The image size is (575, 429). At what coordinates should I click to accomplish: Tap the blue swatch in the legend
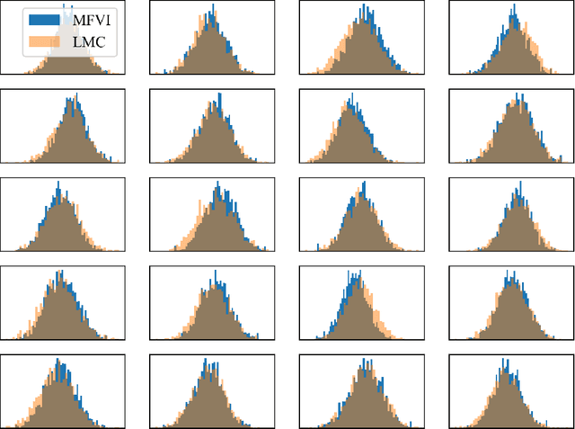pos(44,19)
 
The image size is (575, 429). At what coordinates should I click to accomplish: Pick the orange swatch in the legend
pos(44,40)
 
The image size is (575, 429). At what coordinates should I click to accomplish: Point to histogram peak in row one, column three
pos(365,7)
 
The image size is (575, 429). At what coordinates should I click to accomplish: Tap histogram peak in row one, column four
pos(518,11)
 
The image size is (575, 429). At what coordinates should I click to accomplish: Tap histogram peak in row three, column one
pos(57,183)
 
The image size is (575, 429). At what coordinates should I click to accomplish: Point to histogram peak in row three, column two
pos(216,183)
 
